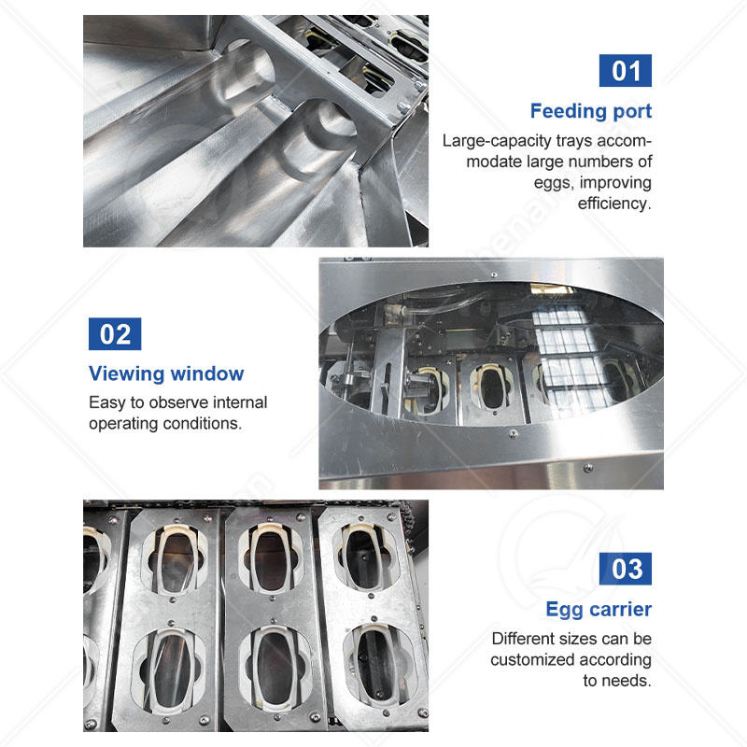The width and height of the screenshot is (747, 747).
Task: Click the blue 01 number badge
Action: (625, 71)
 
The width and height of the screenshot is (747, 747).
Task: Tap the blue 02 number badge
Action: (115, 333)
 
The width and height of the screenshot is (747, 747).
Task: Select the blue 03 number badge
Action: (625, 569)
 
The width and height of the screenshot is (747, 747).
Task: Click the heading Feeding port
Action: (591, 111)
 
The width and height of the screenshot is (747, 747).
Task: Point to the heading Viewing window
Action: (166, 373)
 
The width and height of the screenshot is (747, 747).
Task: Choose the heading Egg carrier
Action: (599, 610)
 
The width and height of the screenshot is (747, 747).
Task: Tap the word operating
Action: (124, 424)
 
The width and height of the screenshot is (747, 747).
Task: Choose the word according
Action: (614, 660)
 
